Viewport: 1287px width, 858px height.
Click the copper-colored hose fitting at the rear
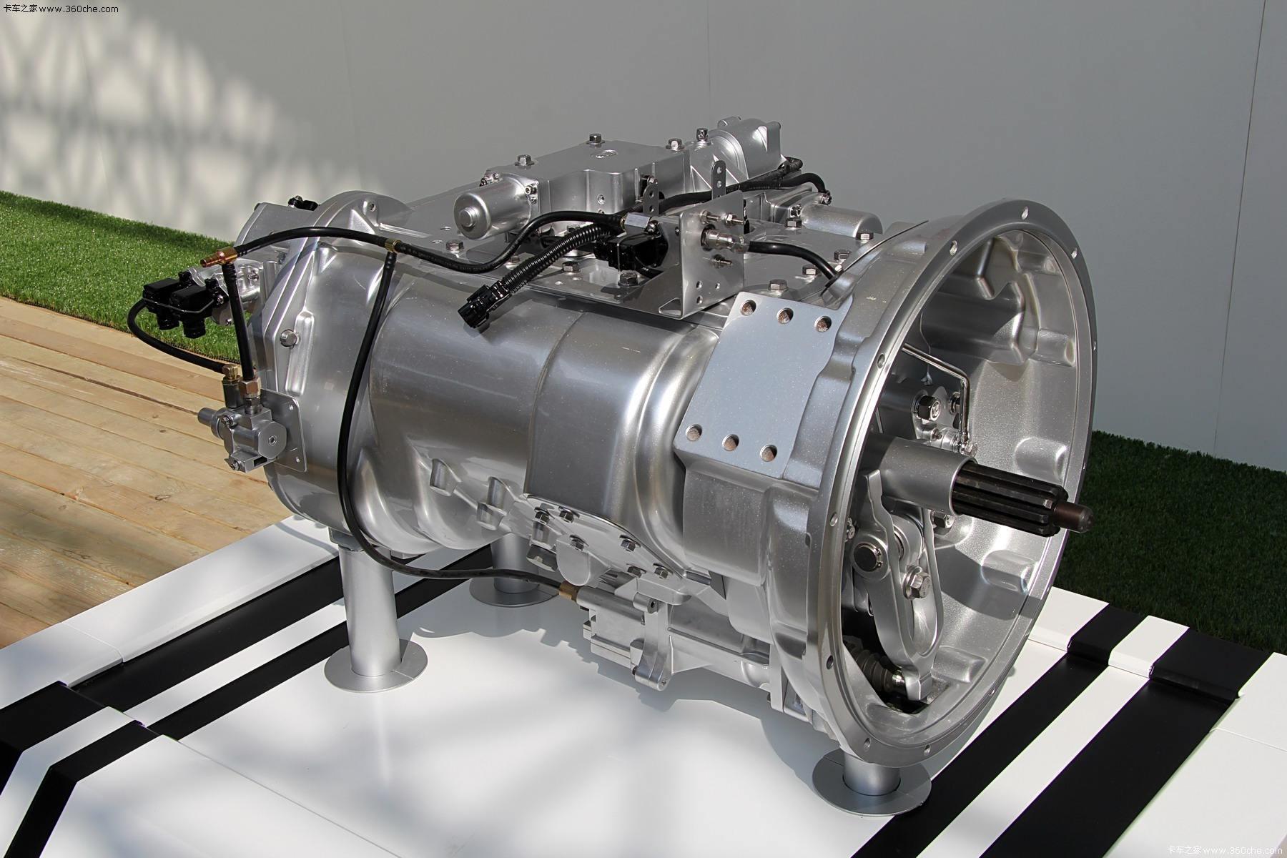(x=225, y=255)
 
